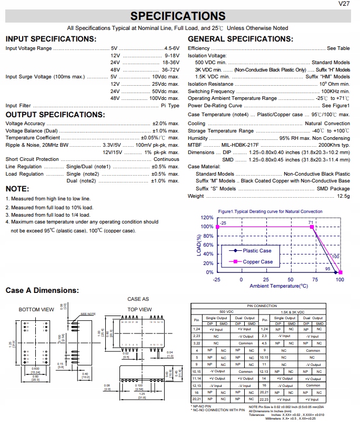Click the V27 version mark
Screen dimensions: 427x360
tap(345, 4)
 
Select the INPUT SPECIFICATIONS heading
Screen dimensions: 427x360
tap(51, 39)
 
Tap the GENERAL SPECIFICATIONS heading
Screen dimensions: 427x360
tap(240, 39)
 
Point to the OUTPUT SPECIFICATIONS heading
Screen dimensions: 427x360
tap(54, 115)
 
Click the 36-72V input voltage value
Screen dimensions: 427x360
tap(171, 69)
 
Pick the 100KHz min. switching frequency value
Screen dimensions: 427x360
tap(335, 91)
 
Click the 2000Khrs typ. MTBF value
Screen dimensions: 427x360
tap(334, 145)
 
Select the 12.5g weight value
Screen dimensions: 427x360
tap(343, 196)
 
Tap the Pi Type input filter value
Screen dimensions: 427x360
tap(170, 106)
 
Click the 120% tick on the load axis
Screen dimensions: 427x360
tap(207, 218)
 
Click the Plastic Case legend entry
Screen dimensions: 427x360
tap(257, 251)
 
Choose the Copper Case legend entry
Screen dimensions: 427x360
tap(258, 262)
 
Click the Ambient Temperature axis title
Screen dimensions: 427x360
tap(278, 286)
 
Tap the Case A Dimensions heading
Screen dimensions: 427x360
tap(42, 290)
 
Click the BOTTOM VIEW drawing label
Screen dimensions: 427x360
tap(36, 309)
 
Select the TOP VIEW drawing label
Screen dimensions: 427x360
tap(139, 309)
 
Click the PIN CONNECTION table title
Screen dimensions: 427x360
tap(269, 306)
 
